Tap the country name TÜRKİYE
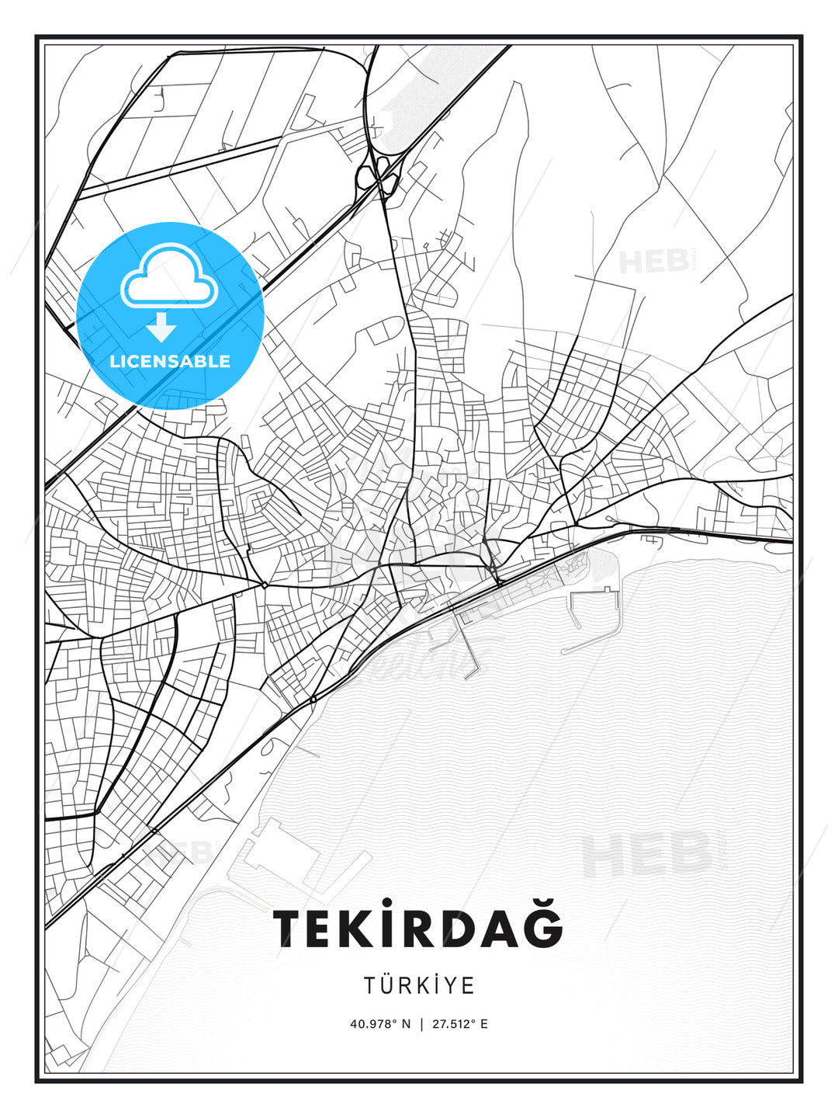coord(419,985)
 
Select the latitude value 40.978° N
coord(379,1024)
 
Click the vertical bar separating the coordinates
coord(420,1024)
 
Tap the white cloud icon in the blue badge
coord(168,277)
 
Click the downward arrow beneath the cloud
coord(161,327)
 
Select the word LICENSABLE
coord(170,361)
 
